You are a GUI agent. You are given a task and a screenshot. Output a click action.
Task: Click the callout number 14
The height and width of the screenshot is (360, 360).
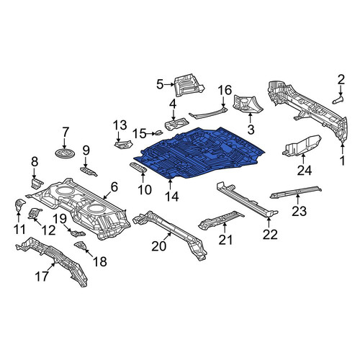point(172,197)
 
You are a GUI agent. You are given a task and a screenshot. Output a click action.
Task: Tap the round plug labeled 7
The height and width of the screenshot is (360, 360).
point(65,153)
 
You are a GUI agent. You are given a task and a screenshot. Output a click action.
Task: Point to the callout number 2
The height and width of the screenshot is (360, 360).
point(341,80)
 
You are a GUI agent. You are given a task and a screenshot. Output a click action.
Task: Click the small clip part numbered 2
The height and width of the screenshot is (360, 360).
point(338,99)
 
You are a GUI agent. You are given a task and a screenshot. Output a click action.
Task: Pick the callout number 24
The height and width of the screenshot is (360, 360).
point(305,171)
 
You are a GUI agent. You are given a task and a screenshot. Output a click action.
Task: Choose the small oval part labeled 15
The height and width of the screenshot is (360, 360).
point(158,132)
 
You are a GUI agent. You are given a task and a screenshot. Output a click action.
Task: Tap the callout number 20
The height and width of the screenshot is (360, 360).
point(158,246)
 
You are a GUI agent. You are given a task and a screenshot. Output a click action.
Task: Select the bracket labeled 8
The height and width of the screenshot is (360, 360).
point(37,184)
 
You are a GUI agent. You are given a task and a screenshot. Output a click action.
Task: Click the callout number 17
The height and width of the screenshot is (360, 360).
point(42,276)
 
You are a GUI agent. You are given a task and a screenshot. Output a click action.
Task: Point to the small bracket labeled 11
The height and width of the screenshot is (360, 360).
point(19,205)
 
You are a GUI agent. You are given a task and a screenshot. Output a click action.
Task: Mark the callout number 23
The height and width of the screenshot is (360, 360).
point(299,211)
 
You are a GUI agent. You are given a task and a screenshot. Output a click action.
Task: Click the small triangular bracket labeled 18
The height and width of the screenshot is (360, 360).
point(80,246)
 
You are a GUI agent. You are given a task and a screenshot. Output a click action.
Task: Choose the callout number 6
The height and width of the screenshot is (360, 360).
point(114,187)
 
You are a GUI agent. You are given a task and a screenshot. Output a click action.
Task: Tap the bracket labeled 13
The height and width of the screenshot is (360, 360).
point(123,145)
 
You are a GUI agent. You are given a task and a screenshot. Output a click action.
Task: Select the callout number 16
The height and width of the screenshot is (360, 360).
point(225,90)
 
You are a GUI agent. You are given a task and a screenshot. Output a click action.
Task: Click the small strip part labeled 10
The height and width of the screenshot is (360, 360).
point(138,167)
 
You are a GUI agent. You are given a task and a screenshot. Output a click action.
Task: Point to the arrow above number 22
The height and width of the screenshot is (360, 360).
point(269,222)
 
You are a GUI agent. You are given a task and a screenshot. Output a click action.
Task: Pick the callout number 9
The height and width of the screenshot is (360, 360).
point(86,150)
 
